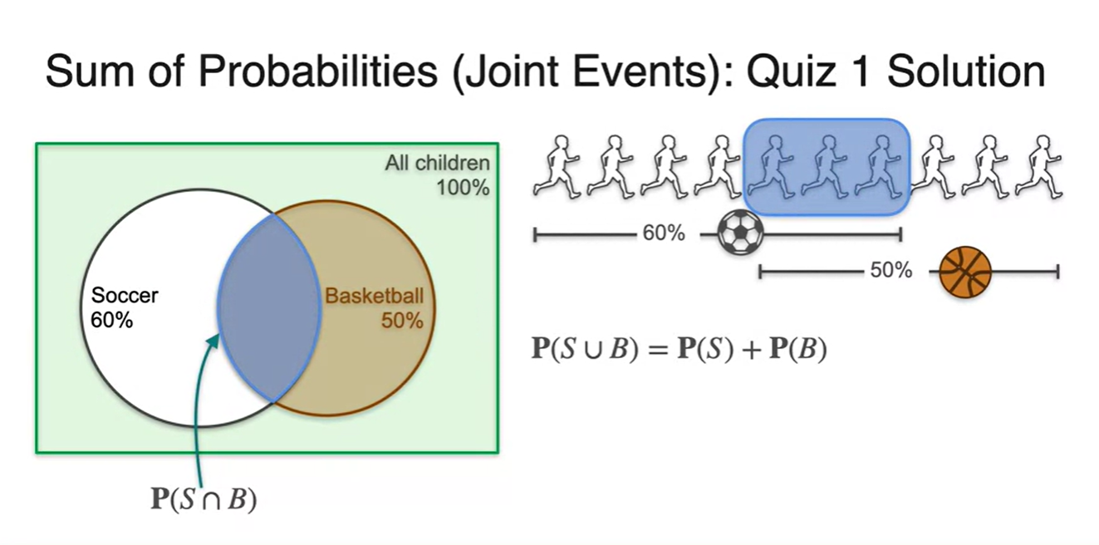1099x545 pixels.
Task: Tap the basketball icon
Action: click(x=965, y=272)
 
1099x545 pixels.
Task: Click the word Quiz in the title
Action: click(x=802, y=71)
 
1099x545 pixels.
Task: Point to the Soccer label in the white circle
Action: click(x=125, y=295)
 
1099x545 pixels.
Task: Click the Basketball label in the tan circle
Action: click(x=374, y=296)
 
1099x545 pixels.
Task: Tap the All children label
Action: click(x=437, y=163)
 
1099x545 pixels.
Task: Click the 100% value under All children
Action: click(x=463, y=187)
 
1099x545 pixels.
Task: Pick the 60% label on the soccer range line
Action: click(x=664, y=234)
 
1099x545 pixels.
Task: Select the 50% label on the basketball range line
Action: click(x=890, y=271)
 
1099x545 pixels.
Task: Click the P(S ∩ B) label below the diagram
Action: click(x=203, y=499)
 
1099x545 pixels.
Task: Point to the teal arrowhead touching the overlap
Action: click(x=215, y=337)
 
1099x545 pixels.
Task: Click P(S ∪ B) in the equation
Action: click(x=581, y=349)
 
